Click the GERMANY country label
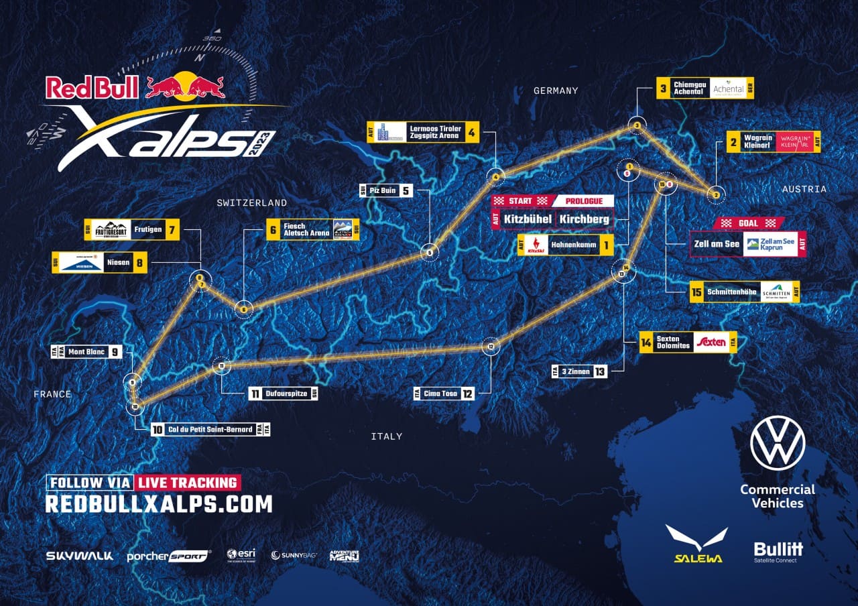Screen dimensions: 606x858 coord(556,90)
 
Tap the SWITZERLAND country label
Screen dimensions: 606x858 coord(251,202)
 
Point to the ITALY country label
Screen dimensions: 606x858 coord(387,436)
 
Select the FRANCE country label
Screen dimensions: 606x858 coord(52,394)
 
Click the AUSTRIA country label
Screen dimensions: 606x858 coord(804,190)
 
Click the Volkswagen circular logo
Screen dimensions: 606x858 coord(778,443)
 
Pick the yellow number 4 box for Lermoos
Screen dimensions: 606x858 coord(472,133)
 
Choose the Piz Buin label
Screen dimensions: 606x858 coord(383,190)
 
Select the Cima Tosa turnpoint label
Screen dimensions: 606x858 coord(440,393)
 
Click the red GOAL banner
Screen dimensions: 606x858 coord(748,223)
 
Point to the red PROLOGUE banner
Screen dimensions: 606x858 coord(583,201)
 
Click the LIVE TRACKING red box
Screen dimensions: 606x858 coord(188,483)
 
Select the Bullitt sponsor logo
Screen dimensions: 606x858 coord(778,551)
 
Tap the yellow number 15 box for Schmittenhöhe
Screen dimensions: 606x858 coord(696,292)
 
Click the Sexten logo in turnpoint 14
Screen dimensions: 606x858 coord(711,343)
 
